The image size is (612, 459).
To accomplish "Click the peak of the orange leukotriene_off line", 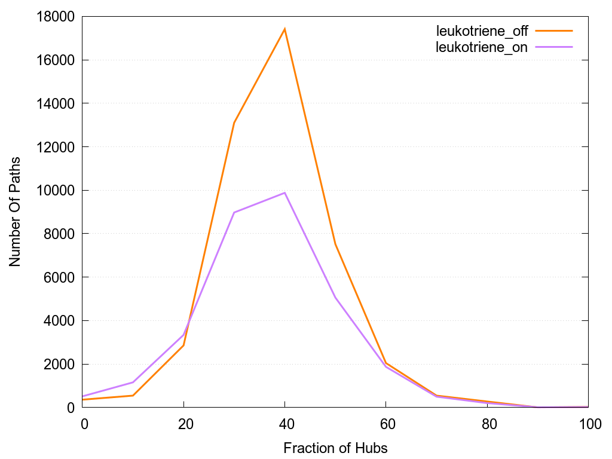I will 285,29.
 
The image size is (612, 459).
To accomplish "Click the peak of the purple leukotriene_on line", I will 285,192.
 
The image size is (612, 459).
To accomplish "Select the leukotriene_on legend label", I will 482,47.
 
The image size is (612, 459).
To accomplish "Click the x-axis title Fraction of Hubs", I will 335,448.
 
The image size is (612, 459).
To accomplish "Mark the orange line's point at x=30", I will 234,123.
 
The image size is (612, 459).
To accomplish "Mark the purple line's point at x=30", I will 234,212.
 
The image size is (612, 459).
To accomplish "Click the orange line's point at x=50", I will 335,244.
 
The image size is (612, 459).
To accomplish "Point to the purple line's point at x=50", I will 335,297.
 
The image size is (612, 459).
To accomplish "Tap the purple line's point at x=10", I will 133,382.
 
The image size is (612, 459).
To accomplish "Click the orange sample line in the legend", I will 554,30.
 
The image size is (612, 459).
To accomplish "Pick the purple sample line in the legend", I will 554,47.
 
